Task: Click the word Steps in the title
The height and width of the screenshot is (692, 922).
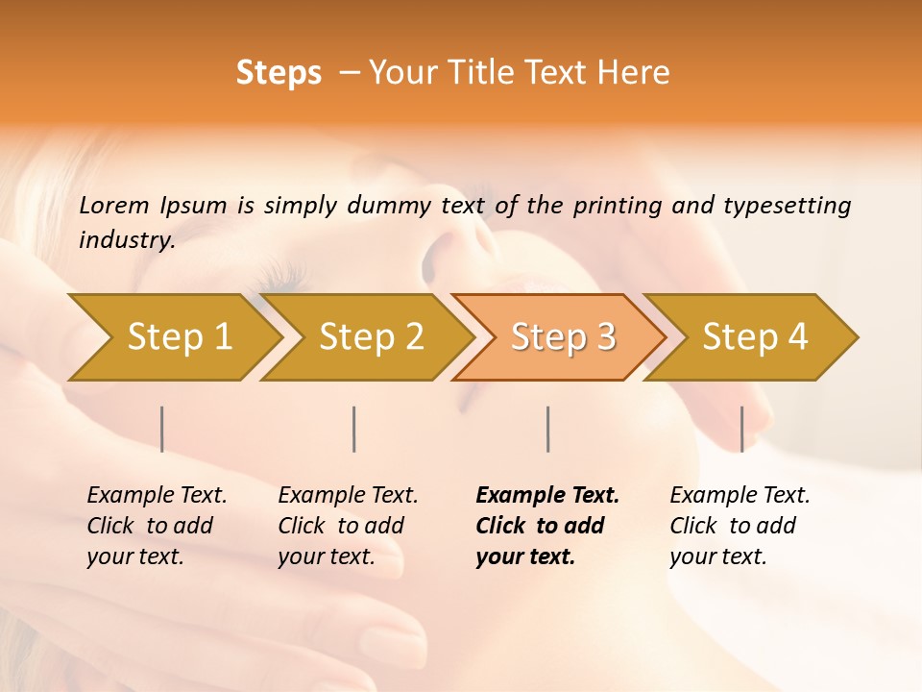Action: coord(279,73)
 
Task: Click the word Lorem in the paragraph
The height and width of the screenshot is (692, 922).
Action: coord(113,206)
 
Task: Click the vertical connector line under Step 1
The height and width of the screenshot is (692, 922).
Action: coord(162,429)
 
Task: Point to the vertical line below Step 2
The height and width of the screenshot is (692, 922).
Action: coord(354,429)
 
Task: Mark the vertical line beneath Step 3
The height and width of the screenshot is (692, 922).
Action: coord(547,429)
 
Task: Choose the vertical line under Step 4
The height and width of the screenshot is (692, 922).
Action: coord(741,429)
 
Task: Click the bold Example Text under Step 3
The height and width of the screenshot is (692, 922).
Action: coord(547,496)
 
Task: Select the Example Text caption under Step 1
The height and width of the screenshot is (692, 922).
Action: coord(157,496)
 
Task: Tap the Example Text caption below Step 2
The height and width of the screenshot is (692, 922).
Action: coord(348,496)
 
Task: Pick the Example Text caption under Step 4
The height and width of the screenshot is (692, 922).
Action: coord(740,496)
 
